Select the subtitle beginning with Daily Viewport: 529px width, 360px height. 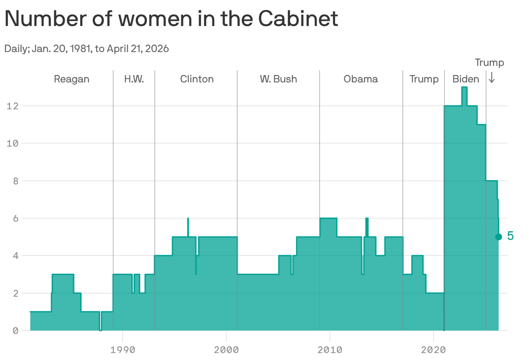coord(86,49)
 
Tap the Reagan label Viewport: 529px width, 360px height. coord(72,79)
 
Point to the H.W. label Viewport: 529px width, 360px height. coord(134,79)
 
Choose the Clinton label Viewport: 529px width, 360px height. coord(197,79)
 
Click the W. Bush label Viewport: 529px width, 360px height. coord(278,79)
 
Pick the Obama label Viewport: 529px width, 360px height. coord(361,79)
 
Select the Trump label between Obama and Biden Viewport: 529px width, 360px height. coord(424,79)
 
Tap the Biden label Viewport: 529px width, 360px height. coord(466,79)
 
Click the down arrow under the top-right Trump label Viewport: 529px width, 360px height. coord(492,78)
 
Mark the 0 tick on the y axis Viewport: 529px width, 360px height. coord(16,331)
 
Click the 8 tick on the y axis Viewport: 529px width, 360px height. coord(16,181)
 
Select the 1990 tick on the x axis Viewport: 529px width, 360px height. coord(123,350)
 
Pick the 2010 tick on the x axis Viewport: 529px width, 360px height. coord(330,350)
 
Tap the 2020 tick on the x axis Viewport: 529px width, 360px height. coord(433,350)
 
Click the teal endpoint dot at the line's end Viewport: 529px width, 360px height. coord(499,237)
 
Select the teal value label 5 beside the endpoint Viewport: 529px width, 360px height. coord(510,236)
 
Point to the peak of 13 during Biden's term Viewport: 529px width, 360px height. coord(464,88)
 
